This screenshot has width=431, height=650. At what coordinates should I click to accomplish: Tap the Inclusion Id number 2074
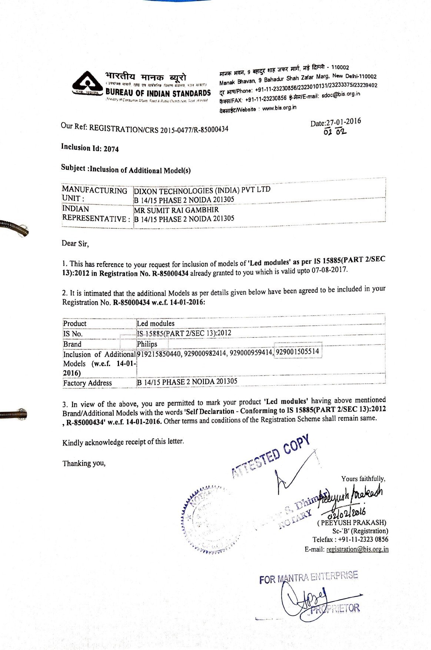tap(111, 149)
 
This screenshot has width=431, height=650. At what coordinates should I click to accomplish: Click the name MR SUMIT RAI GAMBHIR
tap(176, 210)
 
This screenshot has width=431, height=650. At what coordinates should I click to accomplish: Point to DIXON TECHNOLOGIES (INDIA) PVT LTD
tap(202, 190)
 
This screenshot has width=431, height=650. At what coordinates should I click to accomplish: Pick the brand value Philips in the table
tap(147, 344)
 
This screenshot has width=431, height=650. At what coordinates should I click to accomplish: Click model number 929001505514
tap(298, 352)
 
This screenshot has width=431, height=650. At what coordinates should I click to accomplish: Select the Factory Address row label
tap(87, 383)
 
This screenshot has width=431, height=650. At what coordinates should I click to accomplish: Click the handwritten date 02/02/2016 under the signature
tap(347, 514)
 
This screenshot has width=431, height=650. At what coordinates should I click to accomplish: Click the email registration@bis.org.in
tap(357, 549)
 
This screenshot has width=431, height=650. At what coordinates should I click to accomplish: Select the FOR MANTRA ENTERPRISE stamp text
tap(308, 577)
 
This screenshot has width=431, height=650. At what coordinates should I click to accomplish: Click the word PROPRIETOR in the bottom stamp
tap(336, 608)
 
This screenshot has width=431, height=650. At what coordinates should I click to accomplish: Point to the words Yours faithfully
tap(363, 479)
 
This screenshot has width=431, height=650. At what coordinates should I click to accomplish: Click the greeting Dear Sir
tap(75, 243)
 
